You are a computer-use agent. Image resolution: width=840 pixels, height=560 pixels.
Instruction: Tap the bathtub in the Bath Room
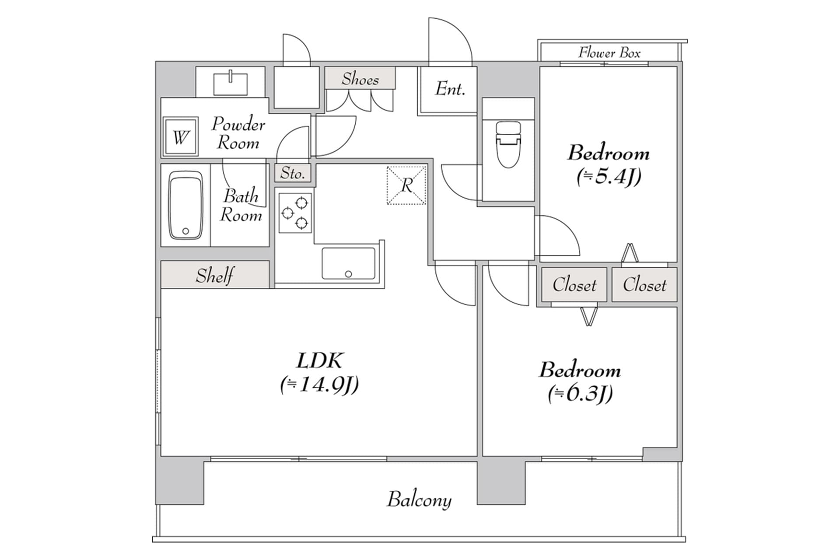point(186,205)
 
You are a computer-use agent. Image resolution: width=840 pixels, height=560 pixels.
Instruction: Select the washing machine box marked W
point(180,137)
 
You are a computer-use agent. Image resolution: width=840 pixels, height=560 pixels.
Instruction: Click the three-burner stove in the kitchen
point(295,213)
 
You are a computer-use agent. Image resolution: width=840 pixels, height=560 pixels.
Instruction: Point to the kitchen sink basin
point(348,263)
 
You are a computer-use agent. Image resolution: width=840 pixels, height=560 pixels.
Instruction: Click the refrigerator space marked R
point(406,185)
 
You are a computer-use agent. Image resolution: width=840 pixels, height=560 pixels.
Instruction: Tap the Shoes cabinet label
point(360,79)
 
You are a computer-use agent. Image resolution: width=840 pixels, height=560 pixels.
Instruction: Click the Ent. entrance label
point(450,89)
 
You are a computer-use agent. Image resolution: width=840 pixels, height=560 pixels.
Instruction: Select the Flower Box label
point(609,53)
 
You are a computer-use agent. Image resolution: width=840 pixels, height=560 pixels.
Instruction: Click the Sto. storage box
point(293,173)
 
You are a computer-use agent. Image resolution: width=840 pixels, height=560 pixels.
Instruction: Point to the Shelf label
point(214,276)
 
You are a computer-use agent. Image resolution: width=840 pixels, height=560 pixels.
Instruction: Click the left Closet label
point(574,285)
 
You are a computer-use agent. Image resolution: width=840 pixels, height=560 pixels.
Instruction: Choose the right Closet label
point(644,285)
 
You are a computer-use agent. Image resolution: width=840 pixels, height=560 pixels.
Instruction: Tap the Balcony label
point(419,500)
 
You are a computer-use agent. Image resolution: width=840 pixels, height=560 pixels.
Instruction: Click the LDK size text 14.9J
point(320,385)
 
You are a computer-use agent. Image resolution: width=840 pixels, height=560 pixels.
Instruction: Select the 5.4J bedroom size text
point(609,176)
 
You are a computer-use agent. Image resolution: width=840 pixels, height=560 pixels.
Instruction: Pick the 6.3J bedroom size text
point(580,393)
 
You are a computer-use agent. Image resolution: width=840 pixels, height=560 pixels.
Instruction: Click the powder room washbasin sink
point(230,83)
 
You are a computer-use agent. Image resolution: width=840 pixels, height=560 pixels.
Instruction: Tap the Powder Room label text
point(238,133)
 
